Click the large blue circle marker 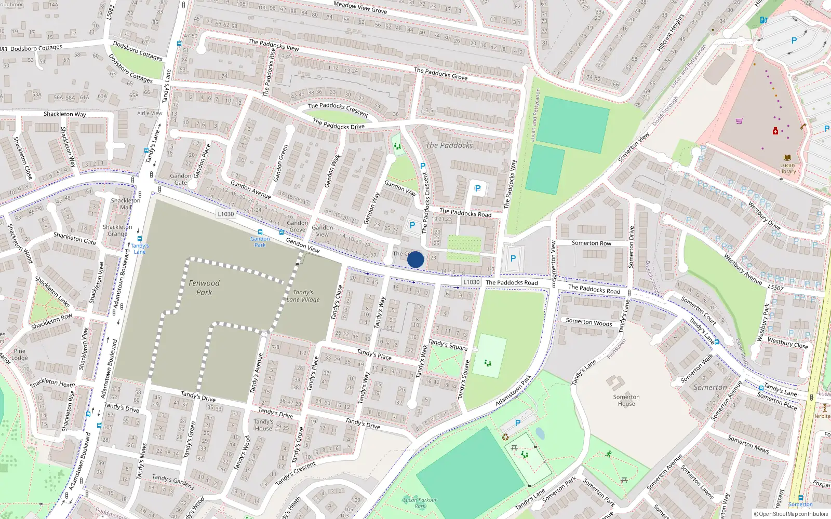[x=415, y=259]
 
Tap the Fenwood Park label [x=204, y=288]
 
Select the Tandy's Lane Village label [x=303, y=296]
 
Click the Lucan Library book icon [x=787, y=157]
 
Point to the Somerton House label [x=626, y=400]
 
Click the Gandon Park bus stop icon [x=260, y=233]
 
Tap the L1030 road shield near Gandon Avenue [x=226, y=214]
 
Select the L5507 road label [x=775, y=287]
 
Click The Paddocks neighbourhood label [x=449, y=145]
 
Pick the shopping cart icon [x=739, y=121]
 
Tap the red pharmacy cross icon [x=775, y=131]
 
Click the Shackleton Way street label [x=65, y=114]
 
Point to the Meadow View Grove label [x=360, y=7]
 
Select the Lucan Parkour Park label [x=420, y=502]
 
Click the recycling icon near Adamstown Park [x=505, y=437]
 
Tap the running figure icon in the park [x=608, y=454]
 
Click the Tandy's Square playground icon [x=488, y=363]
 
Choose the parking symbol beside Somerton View [x=513, y=258]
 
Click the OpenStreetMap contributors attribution [x=790, y=514]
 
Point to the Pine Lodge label [x=20, y=354]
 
